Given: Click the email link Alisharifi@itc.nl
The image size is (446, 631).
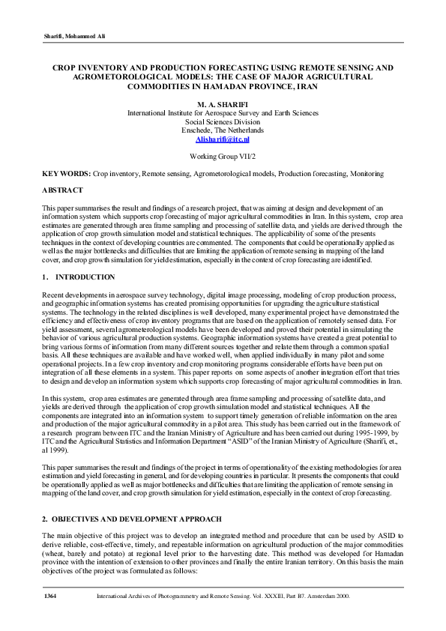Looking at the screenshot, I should point(223,139).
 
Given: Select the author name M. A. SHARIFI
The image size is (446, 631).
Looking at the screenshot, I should point(223,103).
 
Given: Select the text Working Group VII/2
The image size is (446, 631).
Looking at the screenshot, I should point(223,157).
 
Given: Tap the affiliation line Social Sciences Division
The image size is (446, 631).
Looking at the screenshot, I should point(223,121).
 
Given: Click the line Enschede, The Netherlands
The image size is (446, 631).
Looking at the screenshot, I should point(223,130).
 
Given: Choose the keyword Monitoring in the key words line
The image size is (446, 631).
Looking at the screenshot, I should point(343,174).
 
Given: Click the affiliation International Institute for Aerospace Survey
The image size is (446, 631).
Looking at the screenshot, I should point(223,112).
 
